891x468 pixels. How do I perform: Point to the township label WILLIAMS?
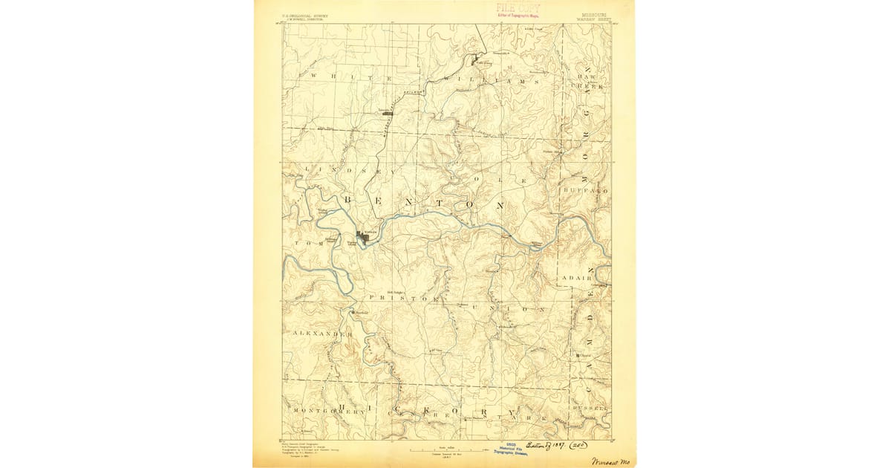click(490, 79)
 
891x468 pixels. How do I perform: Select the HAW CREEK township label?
click(588, 82)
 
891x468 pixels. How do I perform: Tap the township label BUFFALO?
click(586, 191)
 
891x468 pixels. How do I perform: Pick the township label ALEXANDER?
click(322, 334)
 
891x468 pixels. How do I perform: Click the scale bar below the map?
click(448, 449)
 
